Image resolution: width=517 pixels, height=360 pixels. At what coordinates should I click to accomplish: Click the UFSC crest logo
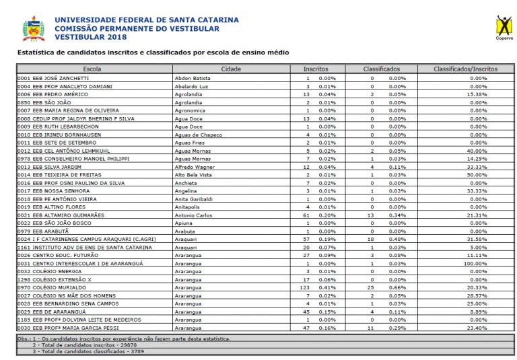click(x=34, y=29)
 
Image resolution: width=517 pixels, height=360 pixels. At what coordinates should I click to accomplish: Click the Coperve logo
click(x=504, y=28)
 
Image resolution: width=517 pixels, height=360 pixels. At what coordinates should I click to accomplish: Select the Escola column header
click(x=92, y=69)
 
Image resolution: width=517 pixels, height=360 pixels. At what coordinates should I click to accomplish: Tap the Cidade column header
click(x=231, y=69)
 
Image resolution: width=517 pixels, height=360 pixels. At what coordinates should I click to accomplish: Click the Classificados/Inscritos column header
click(x=466, y=69)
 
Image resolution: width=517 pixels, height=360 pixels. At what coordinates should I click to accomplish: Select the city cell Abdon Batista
click(x=193, y=78)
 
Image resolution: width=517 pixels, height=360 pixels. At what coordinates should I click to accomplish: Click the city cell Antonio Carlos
click(x=194, y=215)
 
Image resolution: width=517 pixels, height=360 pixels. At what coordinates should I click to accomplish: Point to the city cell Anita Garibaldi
click(x=195, y=199)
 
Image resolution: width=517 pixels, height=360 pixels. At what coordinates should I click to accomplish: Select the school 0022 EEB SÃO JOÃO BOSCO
click(x=54, y=223)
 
